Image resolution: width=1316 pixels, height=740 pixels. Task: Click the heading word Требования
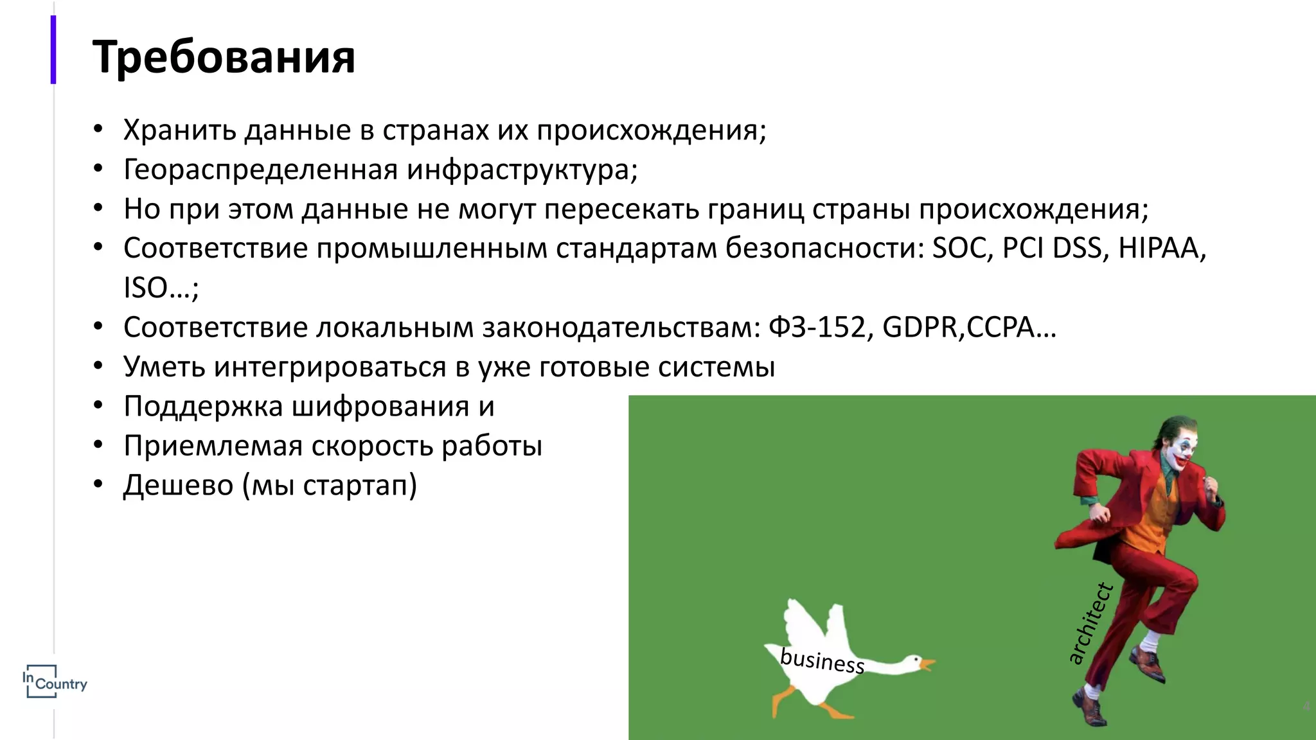tap(224, 57)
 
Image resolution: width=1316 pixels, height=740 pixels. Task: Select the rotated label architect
tap(1090, 623)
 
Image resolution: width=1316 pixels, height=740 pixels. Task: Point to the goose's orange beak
tap(927, 663)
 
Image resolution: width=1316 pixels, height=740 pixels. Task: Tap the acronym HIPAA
tap(1162, 249)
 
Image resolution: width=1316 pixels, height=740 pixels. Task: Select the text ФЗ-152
tap(820, 328)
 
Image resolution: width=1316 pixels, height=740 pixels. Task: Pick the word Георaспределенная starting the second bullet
tap(261, 170)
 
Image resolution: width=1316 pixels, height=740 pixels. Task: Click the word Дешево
tap(179, 485)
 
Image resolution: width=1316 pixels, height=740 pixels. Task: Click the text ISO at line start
tap(146, 288)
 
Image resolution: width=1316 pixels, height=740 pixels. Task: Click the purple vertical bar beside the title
tap(53, 49)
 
